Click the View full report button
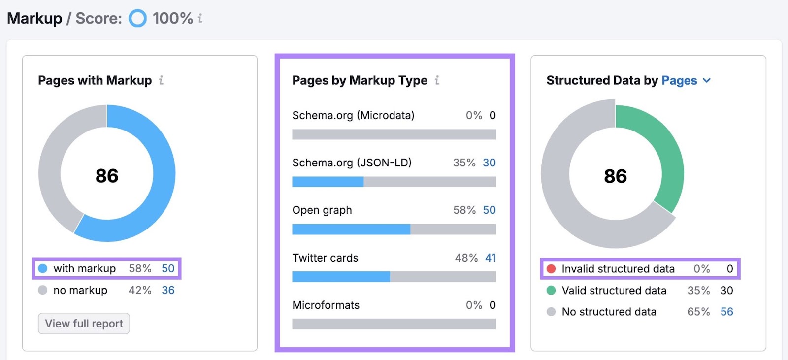coord(84,324)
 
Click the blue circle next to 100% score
coord(137,19)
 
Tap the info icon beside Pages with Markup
coord(161,80)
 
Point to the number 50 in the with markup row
coord(168,268)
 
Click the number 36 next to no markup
coord(168,290)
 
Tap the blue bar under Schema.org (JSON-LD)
coord(328,182)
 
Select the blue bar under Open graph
coord(351,229)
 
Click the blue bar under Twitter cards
coord(341,277)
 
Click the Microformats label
coord(326,305)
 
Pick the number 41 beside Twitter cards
coord(491,258)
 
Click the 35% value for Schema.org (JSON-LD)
coord(464,163)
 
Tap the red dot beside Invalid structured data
coord(551,269)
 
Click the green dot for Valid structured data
coord(551,291)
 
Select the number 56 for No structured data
coord(726,312)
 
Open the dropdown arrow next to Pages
coord(707,80)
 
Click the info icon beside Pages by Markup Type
coord(437,80)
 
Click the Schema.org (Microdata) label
coord(353,115)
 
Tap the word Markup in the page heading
coord(34,19)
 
